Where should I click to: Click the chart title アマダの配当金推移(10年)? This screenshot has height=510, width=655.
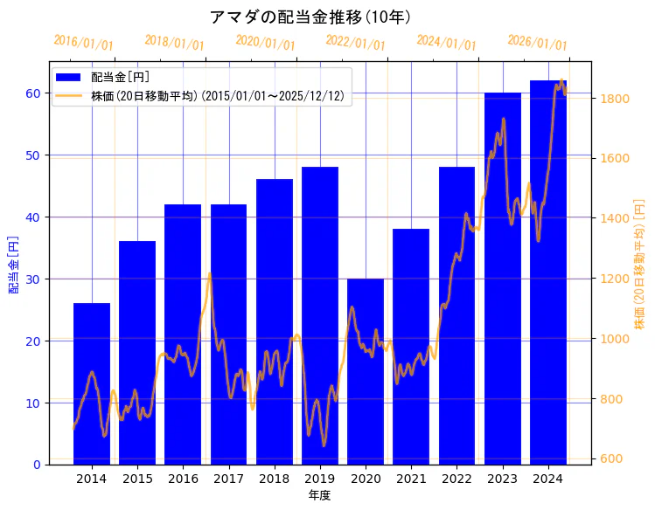(310, 17)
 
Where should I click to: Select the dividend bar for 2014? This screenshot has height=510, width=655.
(92, 384)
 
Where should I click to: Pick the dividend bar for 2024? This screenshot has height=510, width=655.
(548, 271)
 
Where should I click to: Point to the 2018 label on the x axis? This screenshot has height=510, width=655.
(275, 479)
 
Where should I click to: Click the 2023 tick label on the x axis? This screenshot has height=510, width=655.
(503, 479)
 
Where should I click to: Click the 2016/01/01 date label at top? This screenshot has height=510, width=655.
(83, 42)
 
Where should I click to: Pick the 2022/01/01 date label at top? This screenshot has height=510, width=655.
(355, 42)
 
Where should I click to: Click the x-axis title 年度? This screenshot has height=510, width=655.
(319, 495)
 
